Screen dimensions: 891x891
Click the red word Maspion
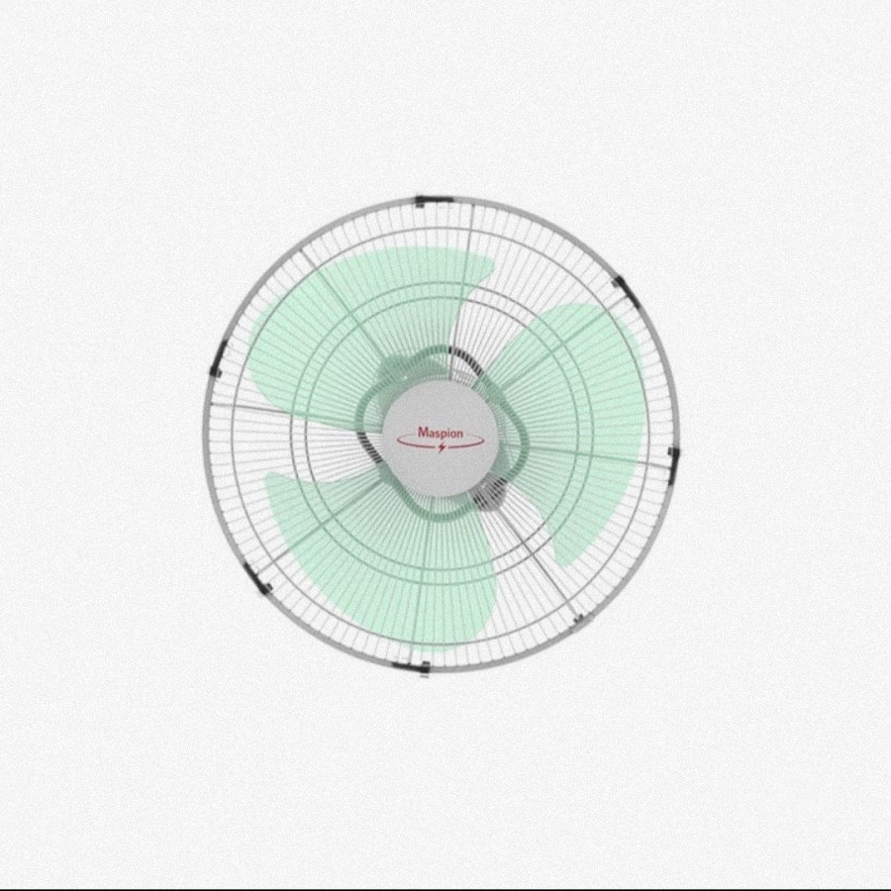click(x=441, y=433)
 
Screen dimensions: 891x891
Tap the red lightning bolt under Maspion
click(x=443, y=447)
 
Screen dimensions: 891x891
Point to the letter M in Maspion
click(x=423, y=433)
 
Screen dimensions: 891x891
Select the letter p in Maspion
click(x=443, y=435)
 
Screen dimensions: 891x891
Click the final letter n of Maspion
click(x=459, y=435)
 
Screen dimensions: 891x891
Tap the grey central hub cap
click(x=440, y=438)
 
